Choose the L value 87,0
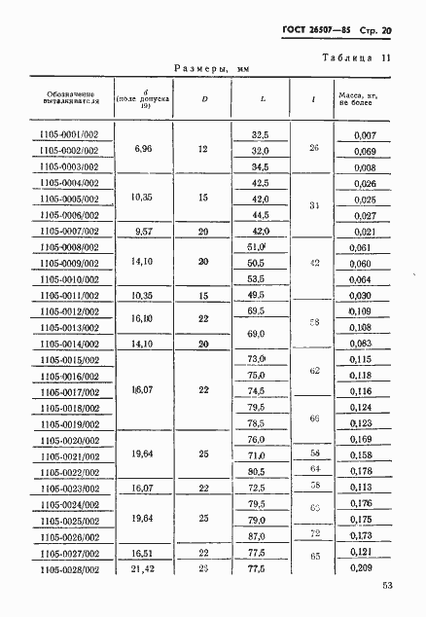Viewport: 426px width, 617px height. point(259,535)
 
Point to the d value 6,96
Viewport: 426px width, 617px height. point(143,151)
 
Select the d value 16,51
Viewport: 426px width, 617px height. point(143,551)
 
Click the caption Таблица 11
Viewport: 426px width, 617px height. point(356,58)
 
